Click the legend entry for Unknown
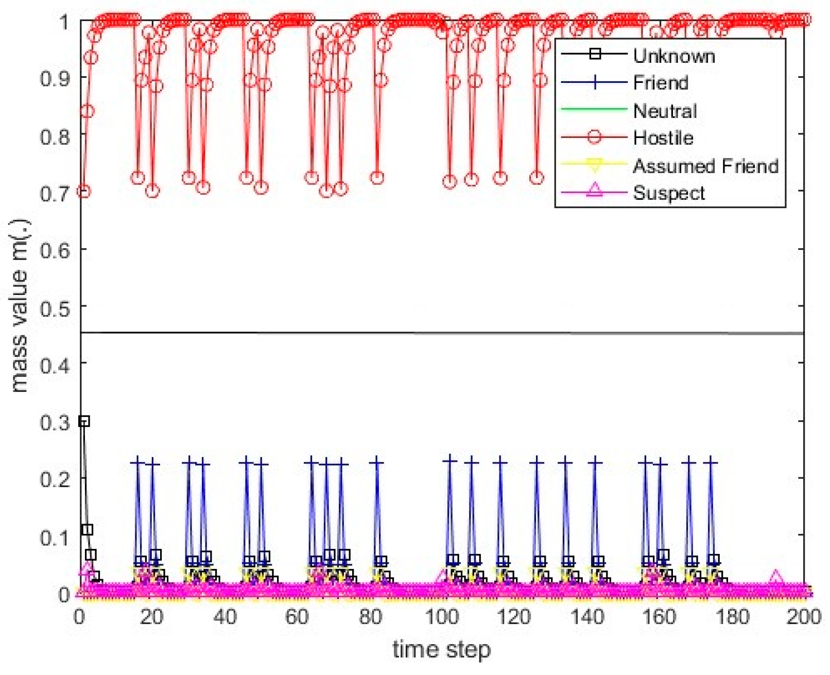click(673, 56)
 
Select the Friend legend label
click(661, 83)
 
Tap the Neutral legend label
click(665, 111)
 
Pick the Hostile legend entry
click(663, 138)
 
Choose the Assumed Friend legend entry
click(705, 166)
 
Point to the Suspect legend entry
click(669, 193)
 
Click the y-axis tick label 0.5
click(54, 308)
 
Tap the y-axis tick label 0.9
click(54, 79)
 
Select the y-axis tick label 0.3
click(54, 423)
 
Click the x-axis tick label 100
click(442, 616)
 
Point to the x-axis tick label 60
click(297, 616)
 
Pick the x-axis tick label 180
click(732, 616)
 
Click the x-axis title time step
click(441, 649)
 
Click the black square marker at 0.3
click(84, 421)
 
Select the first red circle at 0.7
click(84, 192)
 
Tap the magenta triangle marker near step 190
click(775, 579)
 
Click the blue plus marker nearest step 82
click(377, 462)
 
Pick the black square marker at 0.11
click(87, 529)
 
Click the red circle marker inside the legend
click(595, 137)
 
